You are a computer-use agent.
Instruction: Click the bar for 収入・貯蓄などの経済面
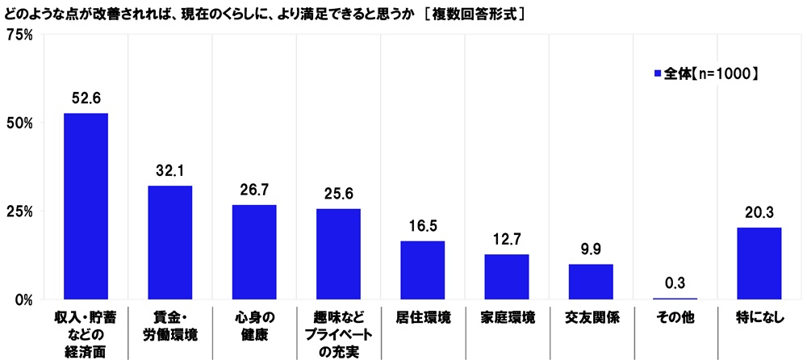click(86, 206)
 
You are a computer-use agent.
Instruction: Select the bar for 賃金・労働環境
click(169, 242)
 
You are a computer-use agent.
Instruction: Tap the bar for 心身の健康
click(254, 252)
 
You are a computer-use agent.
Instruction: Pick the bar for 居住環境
click(422, 270)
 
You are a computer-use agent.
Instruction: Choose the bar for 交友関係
click(591, 282)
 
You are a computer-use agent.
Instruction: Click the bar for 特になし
click(759, 263)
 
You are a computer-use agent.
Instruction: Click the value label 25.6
click(338, 195)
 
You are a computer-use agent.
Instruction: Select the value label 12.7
click(506, 241)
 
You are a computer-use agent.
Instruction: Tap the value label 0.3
click(675, 284)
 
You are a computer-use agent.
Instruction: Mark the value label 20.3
click(759, 214)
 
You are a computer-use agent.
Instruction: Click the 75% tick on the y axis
click(19, 35)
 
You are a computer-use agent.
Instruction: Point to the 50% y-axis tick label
click(19, 123)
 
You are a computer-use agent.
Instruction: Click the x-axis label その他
click(675, 317)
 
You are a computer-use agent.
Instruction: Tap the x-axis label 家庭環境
click(506, 317)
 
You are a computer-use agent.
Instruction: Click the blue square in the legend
click(658, 73)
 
